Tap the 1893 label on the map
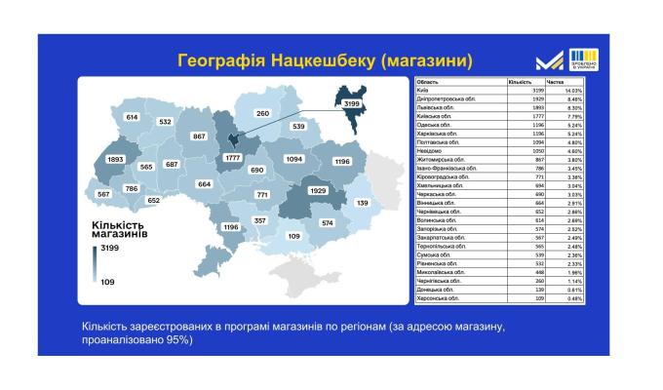click(x=116, y=159)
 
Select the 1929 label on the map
click(x=318, y=191)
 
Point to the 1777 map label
click(x=232, y=158)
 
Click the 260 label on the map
click(x=261, y=113)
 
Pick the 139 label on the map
click(x=363, y=203)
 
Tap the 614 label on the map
click(x=132, y=117)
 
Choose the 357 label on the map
click(x=260, y=221)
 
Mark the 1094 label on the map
click(x=294, y=158)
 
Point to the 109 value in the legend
click(x=105, y=281)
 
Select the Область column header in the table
click(x=428, y=82)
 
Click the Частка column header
click(x=556, y=82)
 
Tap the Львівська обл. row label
click(x=434, y=107)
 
